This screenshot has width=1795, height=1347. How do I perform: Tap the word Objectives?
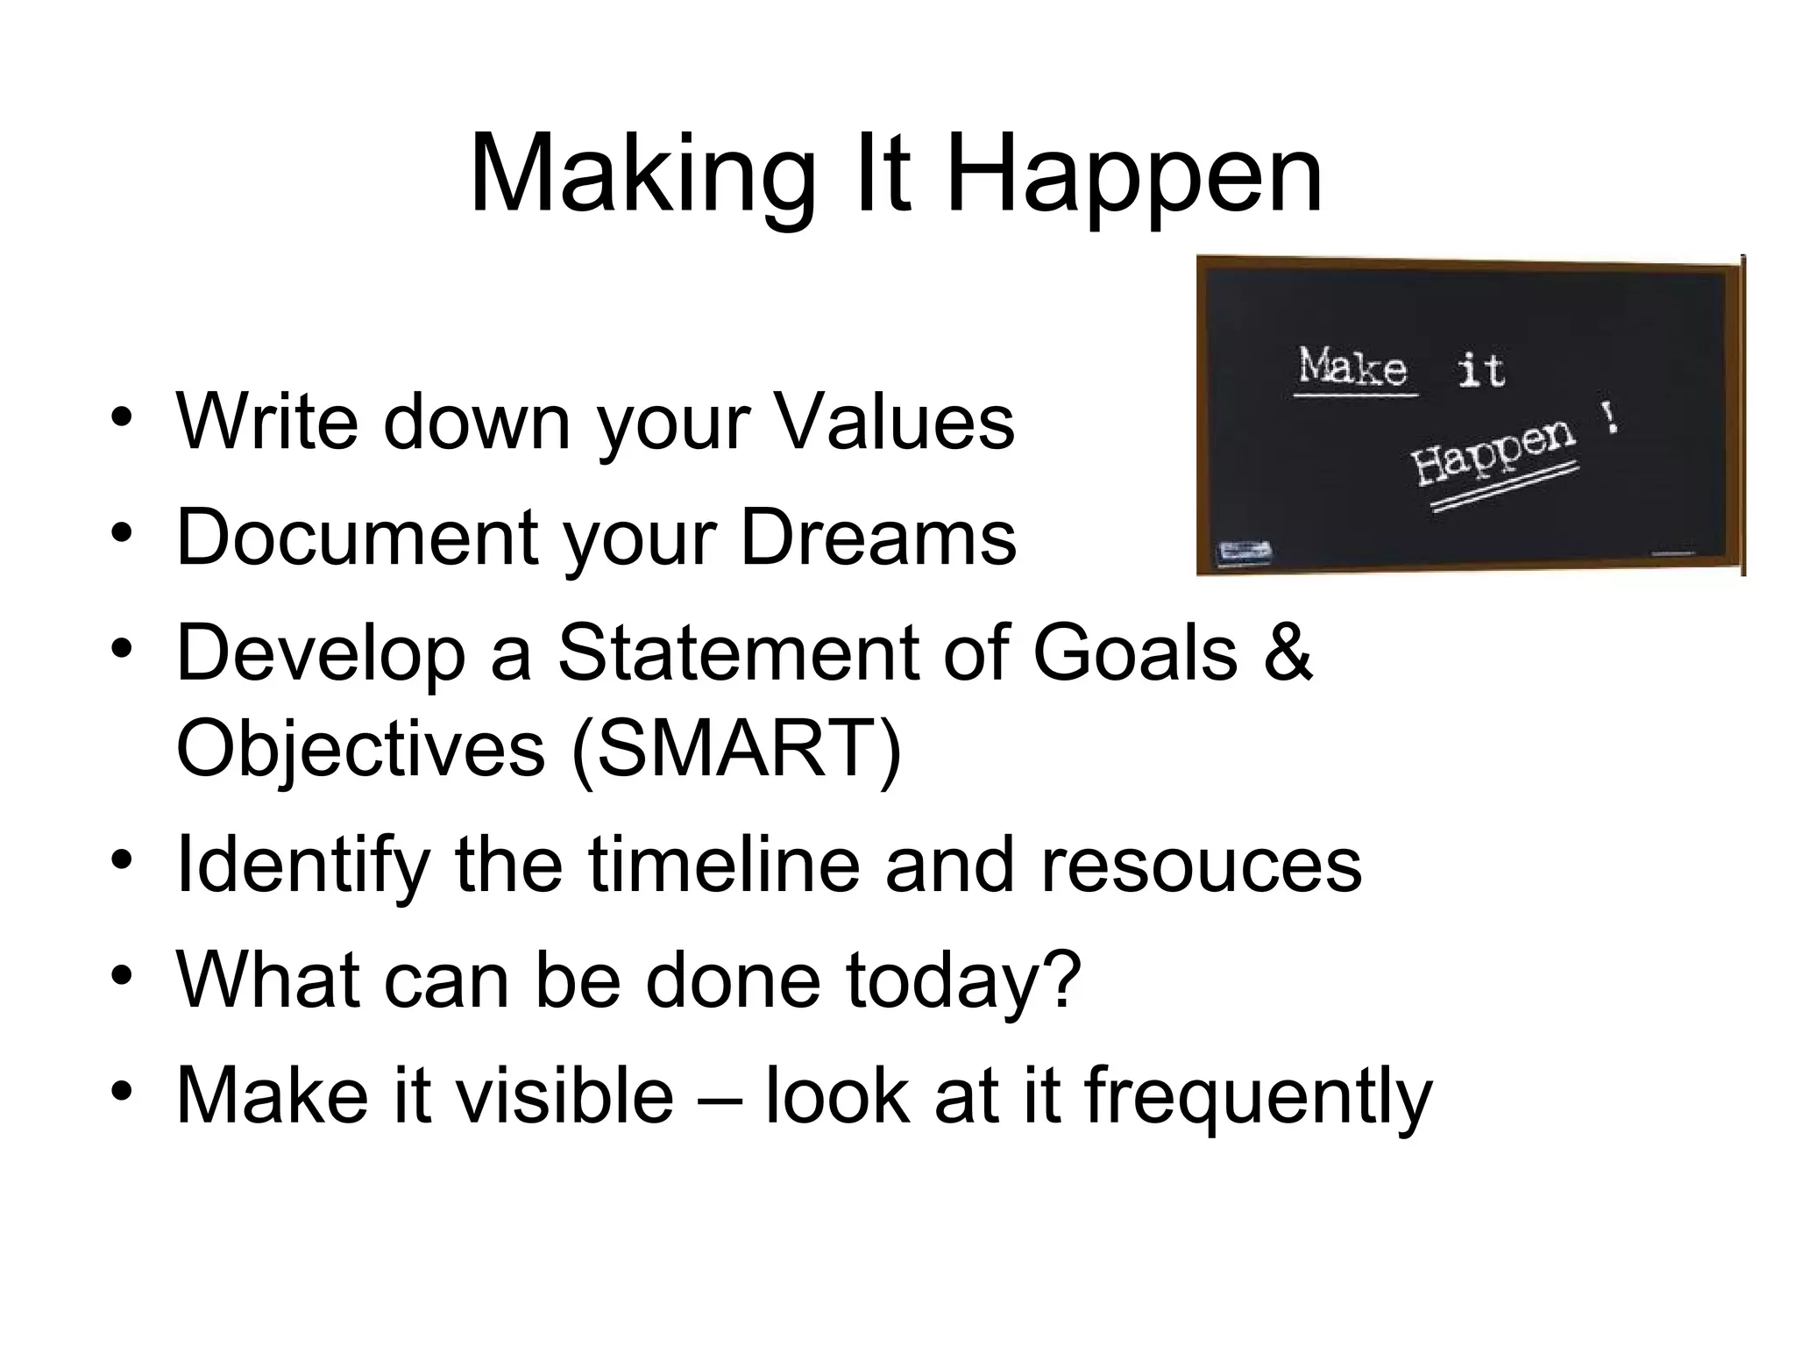[360, 749]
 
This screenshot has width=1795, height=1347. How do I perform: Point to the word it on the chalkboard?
[1481, 370]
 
